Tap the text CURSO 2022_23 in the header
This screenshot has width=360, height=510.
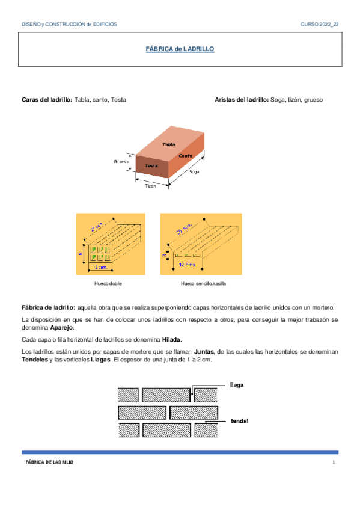(319, 24)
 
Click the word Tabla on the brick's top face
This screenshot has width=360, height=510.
(169, 144)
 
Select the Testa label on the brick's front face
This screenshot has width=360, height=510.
(151, 165)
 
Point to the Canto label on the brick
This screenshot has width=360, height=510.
(185, 155)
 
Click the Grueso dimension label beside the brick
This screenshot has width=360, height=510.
(121, 162)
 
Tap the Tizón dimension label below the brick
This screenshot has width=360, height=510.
(150, 186)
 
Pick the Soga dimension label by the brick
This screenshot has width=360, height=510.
(194, 172)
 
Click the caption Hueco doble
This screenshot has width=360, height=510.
(108, 283)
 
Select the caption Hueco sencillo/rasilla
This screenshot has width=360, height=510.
(203, 283)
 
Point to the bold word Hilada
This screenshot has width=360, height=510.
(171, 339)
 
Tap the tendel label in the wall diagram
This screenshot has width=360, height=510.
(239, 421)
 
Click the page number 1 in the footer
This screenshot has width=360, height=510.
(332, 462)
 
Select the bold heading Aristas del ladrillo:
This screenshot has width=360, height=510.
(242, 99)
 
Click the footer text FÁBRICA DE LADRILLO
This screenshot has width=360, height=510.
(49, 462)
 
